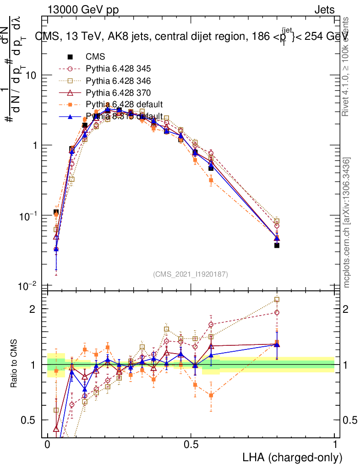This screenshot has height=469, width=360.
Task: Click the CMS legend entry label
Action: click(95, 57)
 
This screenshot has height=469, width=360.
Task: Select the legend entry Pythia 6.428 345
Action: click(118, 69)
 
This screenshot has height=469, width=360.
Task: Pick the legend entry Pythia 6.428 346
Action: click(118, 81)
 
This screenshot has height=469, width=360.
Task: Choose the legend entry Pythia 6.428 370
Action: click(118, 93)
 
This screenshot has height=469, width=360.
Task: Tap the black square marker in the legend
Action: click(71, 57)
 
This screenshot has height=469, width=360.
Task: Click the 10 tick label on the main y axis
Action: click(31, 75)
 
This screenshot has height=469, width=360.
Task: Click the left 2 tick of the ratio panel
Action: click(31, 309)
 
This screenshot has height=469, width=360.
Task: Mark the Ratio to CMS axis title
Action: click(15, 364)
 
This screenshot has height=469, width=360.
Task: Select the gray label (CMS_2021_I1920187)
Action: click(191, 274)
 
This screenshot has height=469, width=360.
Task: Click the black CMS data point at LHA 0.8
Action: click(277, 245)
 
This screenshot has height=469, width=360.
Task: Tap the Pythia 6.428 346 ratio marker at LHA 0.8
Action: click(277, 300)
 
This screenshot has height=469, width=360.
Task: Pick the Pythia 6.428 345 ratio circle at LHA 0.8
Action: click(277, 312)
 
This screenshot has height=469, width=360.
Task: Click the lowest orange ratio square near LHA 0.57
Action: click(211, 395)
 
